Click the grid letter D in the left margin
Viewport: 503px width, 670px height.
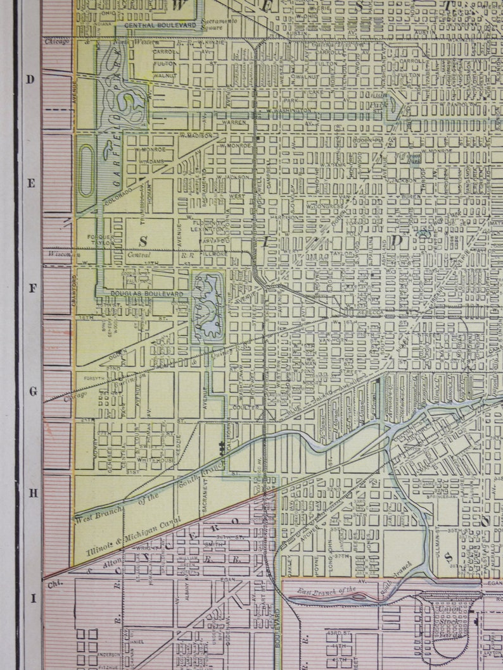[29, 79]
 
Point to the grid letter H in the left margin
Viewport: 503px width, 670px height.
[31, 492]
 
